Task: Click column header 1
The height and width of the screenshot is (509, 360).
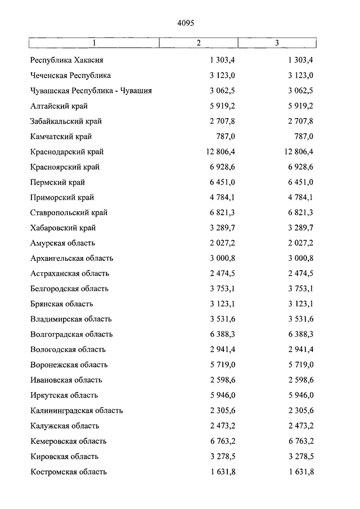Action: (94, 43)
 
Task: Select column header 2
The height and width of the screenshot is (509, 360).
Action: (199, 43)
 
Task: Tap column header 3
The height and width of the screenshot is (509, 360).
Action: (277, 43)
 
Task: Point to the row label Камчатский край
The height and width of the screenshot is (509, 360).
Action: (61, 137)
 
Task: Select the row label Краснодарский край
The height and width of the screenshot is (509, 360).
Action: (67, 152)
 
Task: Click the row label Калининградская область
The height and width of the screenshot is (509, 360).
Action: (76, 411)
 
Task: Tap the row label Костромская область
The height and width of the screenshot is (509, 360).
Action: (69, 472)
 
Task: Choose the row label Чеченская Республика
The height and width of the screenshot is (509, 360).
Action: (71, 75)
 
